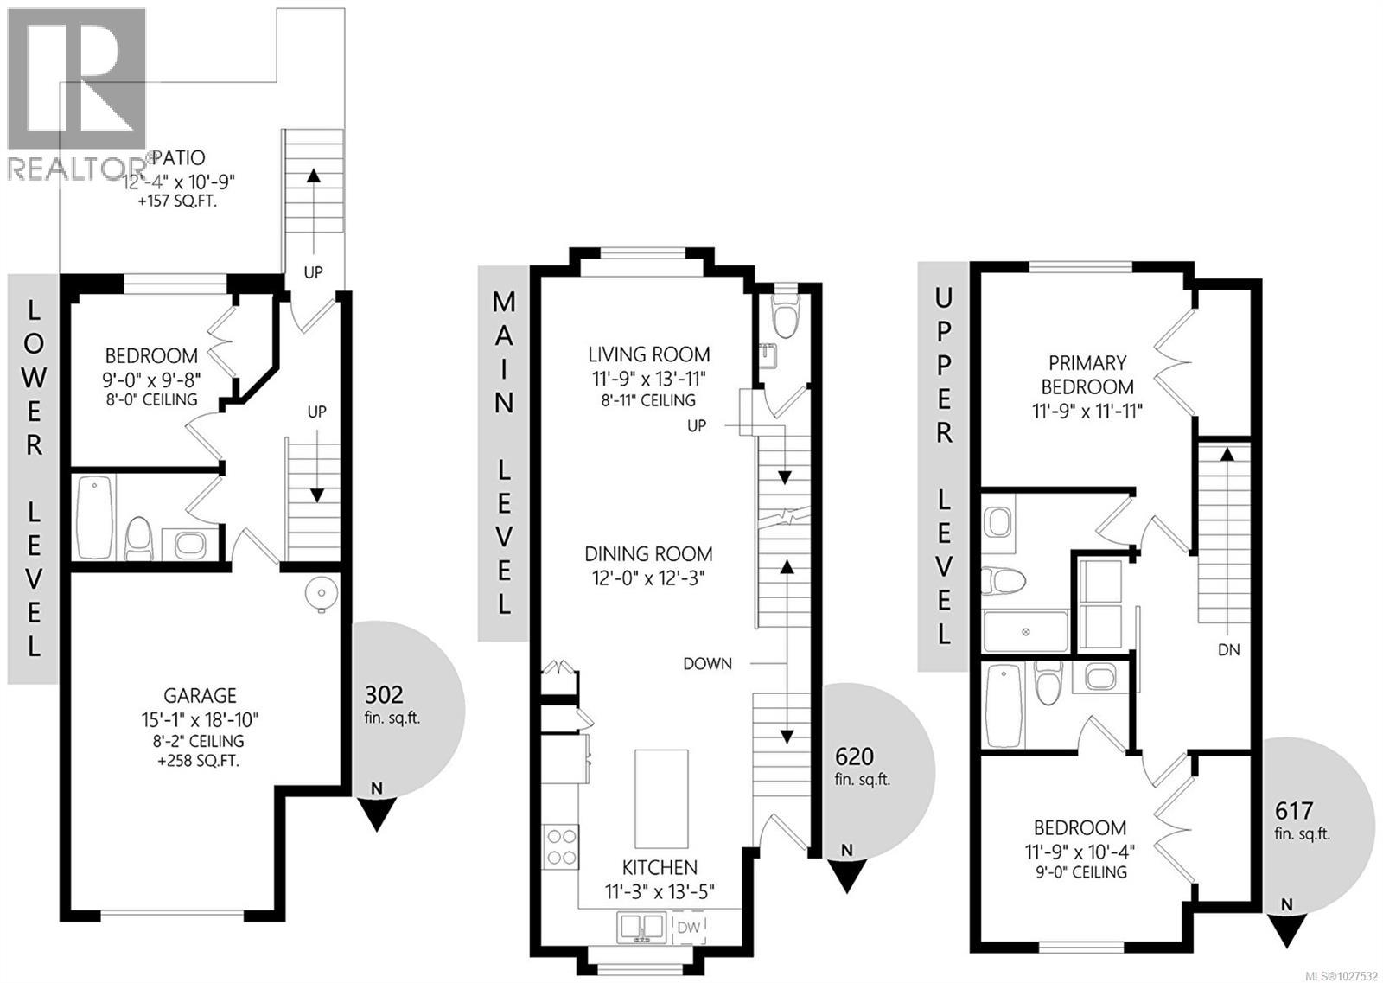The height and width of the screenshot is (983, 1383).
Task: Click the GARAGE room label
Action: [200, 696]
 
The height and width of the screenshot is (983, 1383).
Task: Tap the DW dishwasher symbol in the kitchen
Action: [688, 928]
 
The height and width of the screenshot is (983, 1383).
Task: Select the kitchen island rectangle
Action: [662, 799]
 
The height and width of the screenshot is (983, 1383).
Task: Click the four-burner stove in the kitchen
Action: [561, 846]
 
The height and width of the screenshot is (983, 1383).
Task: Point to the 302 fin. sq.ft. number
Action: [384, 695]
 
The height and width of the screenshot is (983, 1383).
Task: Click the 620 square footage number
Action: [854, 756]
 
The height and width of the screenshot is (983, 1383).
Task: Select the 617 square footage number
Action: [1295, 811]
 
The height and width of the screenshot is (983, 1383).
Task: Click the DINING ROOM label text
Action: [648, 554]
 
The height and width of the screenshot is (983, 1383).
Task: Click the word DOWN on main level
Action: [707, 664]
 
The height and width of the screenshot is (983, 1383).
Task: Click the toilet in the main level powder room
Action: [785, 316]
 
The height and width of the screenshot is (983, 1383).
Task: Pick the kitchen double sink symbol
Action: [641, 928]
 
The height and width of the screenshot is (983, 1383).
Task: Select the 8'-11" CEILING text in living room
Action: [648, 400]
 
